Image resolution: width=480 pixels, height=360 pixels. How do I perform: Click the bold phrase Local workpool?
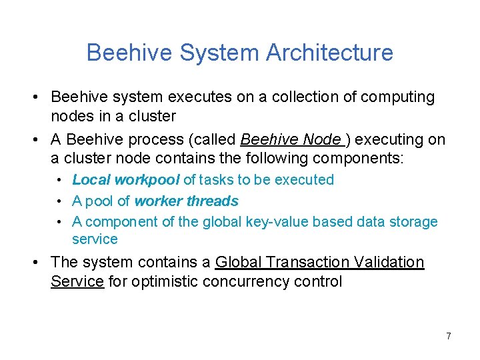tap(125, 179)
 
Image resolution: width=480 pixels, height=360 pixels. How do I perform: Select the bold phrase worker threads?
tap(186, 201)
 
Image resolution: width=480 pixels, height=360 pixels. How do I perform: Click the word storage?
tap(412, 222)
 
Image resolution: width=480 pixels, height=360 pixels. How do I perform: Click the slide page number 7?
tap(448, 336)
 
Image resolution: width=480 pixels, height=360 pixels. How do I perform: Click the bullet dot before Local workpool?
tap(59, 180)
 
